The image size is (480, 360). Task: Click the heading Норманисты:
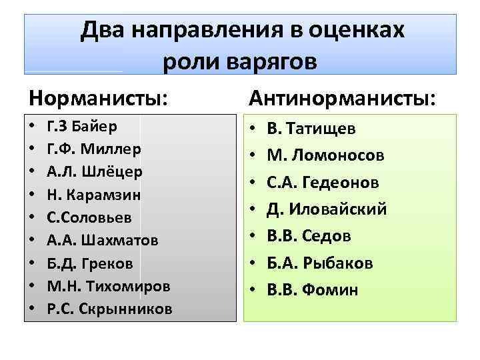pos(97,98)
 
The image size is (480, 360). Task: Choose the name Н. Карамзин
pos(93,193)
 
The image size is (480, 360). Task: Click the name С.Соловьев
pos(89,217)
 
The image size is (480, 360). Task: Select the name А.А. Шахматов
pos(101,239)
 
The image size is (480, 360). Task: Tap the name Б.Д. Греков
pos(90,263)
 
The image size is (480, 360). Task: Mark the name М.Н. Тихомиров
pos(109,285)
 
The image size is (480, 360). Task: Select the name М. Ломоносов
pos(326,155)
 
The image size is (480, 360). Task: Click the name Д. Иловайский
pos(327,209)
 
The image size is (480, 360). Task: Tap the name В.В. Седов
pos(309,236)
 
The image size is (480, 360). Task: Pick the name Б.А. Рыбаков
pos(319,263)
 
